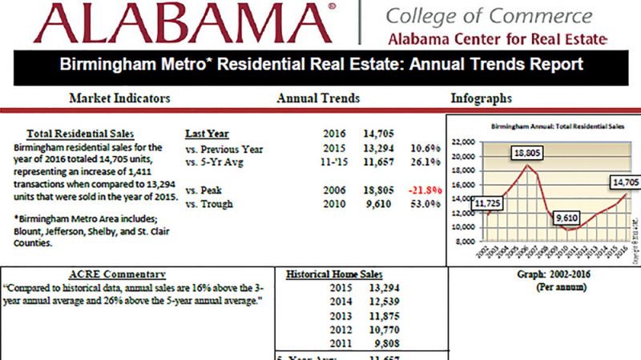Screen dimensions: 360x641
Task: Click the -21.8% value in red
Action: (425, 191)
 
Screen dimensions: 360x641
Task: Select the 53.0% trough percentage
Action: (425, 204)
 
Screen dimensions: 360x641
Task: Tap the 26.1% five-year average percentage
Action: (425, 162)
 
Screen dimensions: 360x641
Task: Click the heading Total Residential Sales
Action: (81, 134)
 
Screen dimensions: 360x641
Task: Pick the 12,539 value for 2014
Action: (381, 302)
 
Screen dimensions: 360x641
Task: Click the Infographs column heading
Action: (482, 98)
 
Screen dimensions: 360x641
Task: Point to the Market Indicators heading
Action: (119, 98)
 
